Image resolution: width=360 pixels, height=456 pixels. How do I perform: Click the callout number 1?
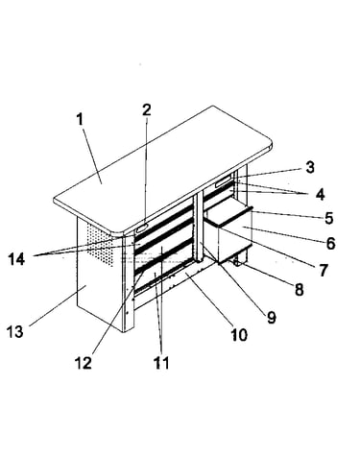(x=80, y=119)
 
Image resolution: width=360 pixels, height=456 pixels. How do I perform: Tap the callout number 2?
(x=146, y=109)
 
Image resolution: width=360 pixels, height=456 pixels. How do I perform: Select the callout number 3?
(x=309, y=167)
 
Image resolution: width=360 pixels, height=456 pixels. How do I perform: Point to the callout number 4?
(x=320, y=194)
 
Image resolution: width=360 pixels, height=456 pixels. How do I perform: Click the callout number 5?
(x=328, y=218)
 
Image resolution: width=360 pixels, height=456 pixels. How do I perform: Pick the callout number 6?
(x=330, y=243)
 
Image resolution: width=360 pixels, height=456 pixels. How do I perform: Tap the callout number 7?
(x=324, y=270)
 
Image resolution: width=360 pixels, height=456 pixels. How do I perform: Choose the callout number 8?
(x=299, y=290)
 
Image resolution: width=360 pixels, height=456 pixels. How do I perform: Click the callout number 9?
(x=272, y=317)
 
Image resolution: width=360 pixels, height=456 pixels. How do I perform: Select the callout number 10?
(x=239, y=335)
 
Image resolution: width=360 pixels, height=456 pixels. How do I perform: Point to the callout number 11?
(x=161, y=363)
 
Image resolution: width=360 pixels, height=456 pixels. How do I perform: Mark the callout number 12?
(x=84, y=363)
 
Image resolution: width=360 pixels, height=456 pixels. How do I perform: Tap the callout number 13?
(x=15, y=331)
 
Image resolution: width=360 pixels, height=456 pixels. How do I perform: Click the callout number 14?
(x=16, y=258)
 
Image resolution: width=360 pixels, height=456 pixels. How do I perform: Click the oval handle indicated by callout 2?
(x=142, y=228)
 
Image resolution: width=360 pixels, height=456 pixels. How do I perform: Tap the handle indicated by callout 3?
(x=222, y=182)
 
